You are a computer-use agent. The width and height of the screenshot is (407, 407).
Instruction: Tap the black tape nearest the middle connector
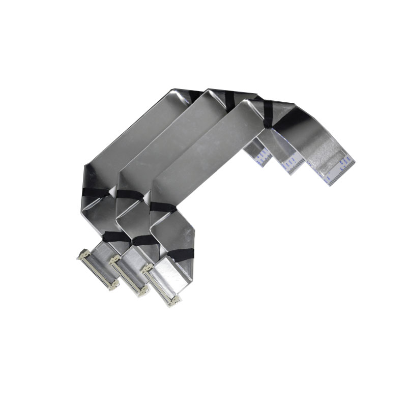pyautogui.click(x=144, y=240)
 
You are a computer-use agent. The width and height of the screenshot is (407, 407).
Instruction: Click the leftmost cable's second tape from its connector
pyautogui.click(x=97, y=193)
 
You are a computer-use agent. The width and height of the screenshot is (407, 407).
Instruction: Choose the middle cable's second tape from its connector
pyautogui.click(x=130, y=196)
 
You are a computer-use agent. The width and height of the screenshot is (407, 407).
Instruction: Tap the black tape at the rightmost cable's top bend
pyautogui.click(x=268, y=114)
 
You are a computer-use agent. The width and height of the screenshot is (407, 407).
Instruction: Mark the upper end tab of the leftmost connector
pyautogui.click(x=81, y=255)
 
